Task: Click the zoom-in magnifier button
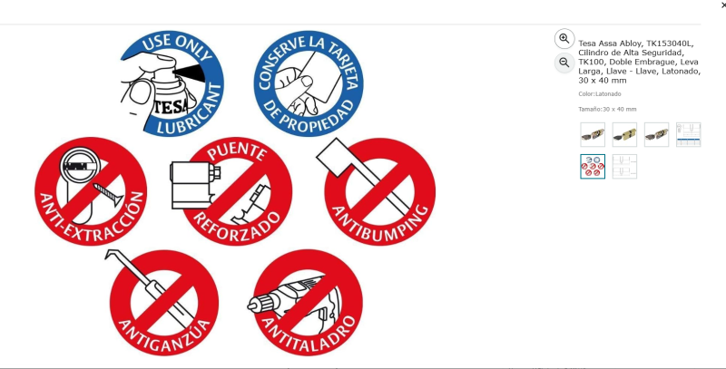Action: pos(564,39)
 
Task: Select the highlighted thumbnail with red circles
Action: pos(593,167)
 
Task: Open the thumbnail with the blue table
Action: pos(689,134)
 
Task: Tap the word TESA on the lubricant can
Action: pos(171,107)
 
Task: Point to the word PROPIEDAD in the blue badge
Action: pos(308,118)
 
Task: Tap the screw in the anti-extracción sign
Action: pos(108,193)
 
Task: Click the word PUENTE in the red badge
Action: pos(237,151)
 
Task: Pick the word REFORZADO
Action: pos(237,225)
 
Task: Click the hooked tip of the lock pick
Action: pos(110,254)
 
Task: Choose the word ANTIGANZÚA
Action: pos(165,336)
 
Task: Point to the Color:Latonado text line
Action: pos(600,94)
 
